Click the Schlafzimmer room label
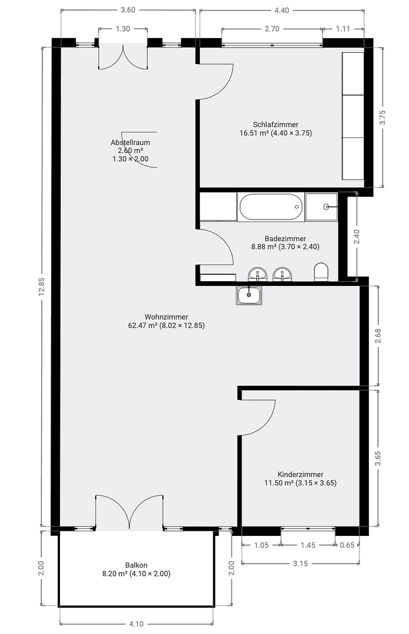point(276,124)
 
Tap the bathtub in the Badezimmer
point(270,207)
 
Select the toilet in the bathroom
point(321,272)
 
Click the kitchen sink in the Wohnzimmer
point(250,295)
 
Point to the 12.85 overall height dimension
point(42,288)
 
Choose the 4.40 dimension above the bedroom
point(282,10)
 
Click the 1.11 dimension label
point(343,28)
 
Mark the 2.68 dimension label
point(379,336)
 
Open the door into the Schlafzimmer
point(216,81)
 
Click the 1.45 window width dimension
point(307,545)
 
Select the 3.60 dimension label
point(128,10)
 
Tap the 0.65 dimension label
point(348,545)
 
